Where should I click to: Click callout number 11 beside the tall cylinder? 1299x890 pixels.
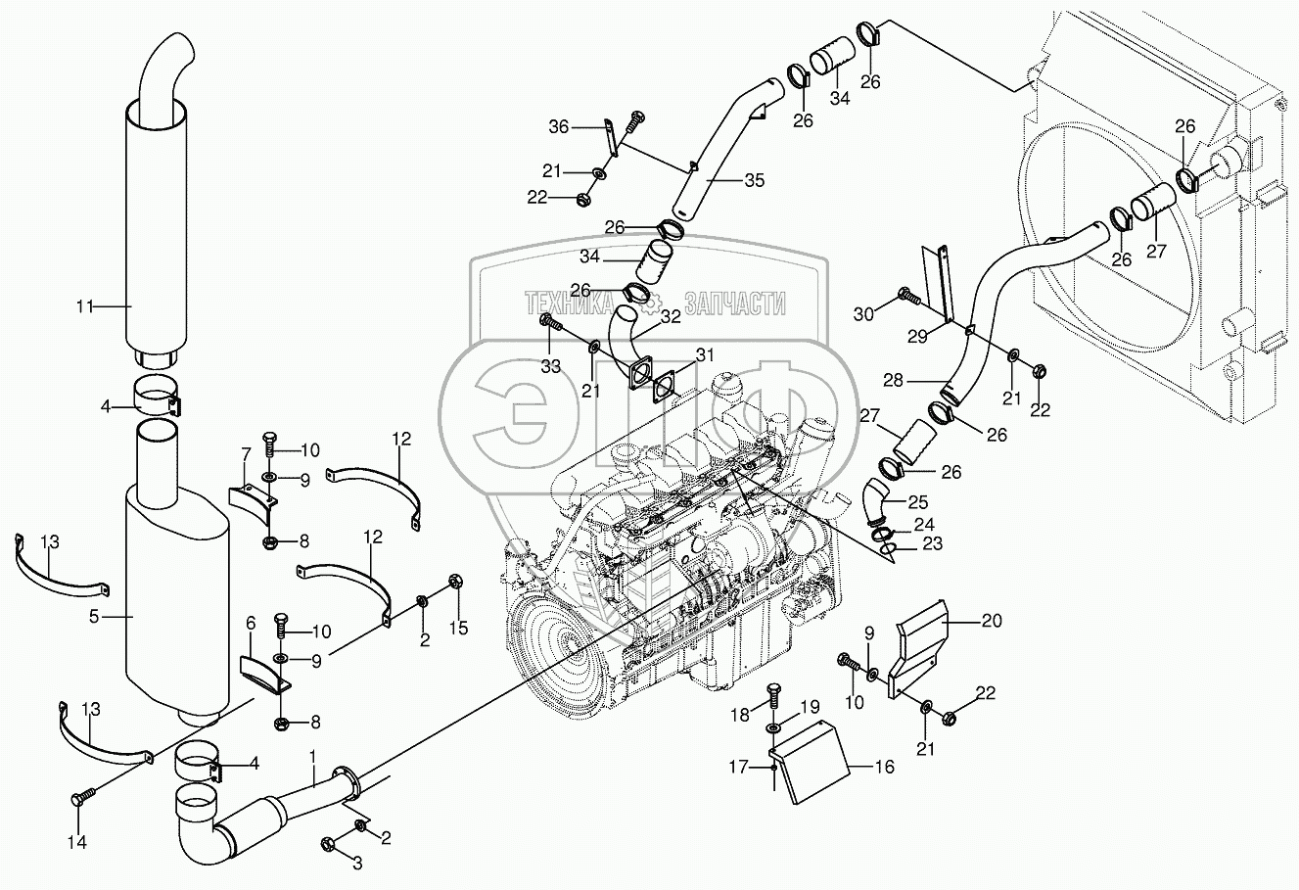(85, 306)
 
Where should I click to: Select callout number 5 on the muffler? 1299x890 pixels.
(94, 616)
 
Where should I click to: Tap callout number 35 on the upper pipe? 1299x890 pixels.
(754, 180)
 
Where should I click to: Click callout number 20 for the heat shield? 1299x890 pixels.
(992, 619)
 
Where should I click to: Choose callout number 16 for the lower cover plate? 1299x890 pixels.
(884, 768)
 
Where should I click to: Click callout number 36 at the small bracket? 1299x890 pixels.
(558, 126)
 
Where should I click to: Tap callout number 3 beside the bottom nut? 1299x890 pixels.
(357, 863)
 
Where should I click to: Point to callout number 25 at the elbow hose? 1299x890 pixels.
(917, 502)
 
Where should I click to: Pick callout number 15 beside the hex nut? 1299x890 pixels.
(457, 628)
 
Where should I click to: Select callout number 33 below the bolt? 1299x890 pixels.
(550, 365)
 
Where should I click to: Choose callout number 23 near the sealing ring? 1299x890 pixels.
(932, 544)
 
